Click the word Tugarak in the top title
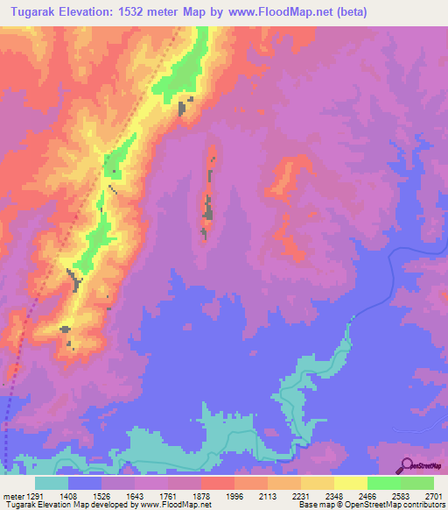(34, 11)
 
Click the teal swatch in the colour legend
(52, 483)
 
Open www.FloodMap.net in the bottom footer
(174, 504)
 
